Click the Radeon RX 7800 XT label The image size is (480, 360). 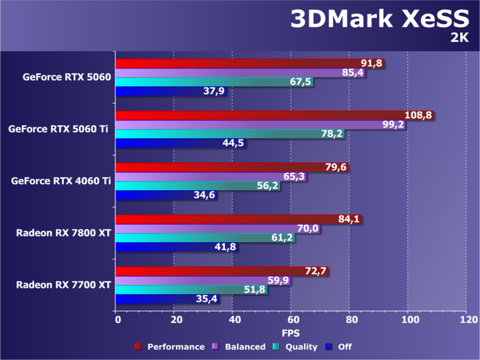point(64,233)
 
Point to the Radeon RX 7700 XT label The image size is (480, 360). point(64,284)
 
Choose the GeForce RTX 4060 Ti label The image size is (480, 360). point(61,180)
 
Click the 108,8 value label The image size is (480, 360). point(420,115)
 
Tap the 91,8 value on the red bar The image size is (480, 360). point(371,63)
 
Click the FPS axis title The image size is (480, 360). point(291,332)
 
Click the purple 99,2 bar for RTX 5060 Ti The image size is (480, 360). point(252,125)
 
